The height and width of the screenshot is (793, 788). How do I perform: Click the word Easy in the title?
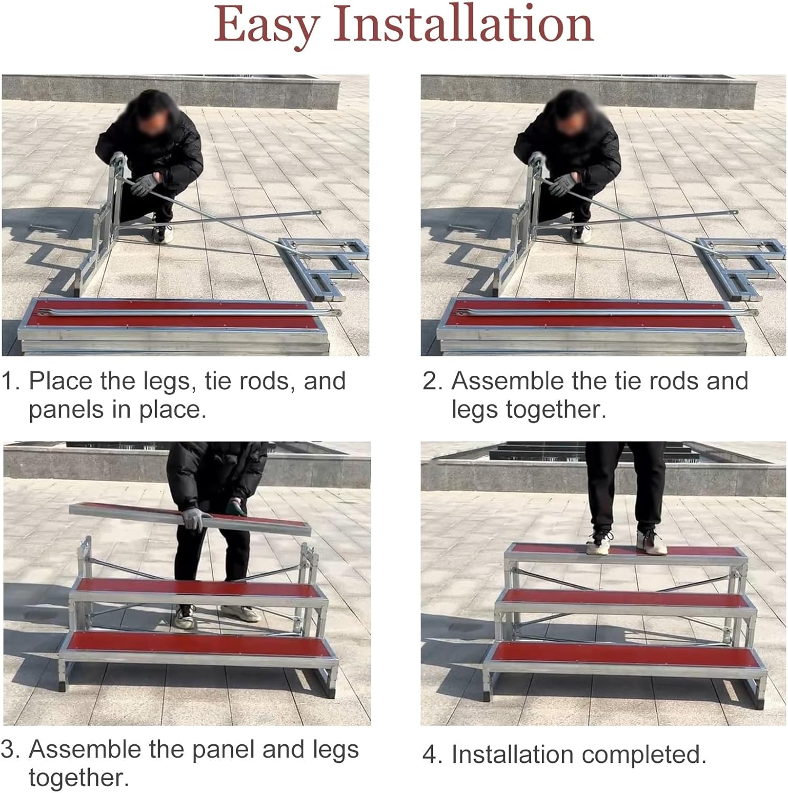pos(267,25)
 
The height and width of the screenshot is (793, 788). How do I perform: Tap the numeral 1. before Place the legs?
pos(11,381)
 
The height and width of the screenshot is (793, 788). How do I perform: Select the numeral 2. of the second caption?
pos(432,381)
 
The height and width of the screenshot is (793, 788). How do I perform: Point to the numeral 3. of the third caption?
pos(11,749)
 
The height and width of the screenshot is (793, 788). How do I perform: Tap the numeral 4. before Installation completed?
pos(432,754)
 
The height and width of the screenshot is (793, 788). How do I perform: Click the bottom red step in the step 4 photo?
pos(624,656)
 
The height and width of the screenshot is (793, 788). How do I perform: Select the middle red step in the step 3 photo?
pos(198,590)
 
